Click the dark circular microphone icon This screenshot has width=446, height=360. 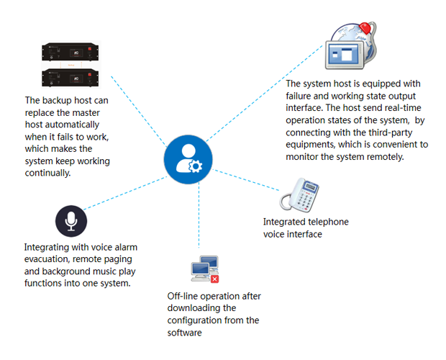pos(70,221)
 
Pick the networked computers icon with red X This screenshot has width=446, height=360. pos(204,269)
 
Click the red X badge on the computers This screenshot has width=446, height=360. pos(214,278)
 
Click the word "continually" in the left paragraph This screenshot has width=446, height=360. pos(53,173)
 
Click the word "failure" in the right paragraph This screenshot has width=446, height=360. pos(303,97)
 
